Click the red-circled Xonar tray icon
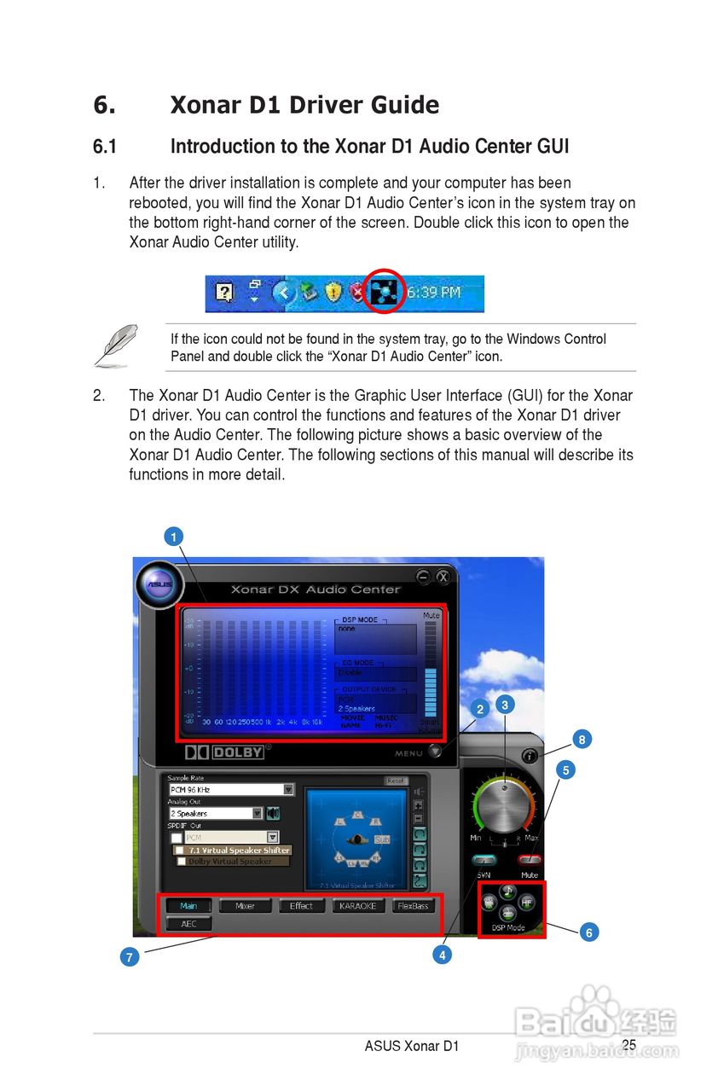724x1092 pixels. click(x=386, y=292)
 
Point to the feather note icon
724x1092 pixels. click(x=117, y=345)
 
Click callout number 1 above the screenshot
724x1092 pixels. click(x=173, y=537)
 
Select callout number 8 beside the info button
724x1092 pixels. click(x=582, y=740)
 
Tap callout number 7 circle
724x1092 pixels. click(x=129, y=957)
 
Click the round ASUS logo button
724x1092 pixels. click(x=159, y=584)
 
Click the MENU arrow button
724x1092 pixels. click(x=436, y=752)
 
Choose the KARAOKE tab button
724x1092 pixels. click(x=357, y=906)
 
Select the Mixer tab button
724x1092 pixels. click(x=245, y=906)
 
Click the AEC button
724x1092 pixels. click(x=188, y=924)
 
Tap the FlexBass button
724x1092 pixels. click(x=413, y=906)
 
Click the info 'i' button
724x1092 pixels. click(x=530, y=756)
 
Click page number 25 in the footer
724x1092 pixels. click(x=628, y=1045)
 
